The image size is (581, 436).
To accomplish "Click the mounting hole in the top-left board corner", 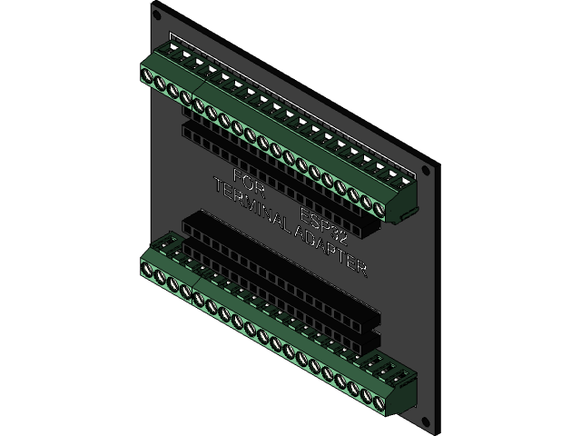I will pyautogui.click(x=158, y=15).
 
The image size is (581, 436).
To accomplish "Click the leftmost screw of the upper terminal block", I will pyautogui.click(x=149, y=77).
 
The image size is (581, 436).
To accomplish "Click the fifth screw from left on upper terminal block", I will pyautogui.click(x=199, y=104).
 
